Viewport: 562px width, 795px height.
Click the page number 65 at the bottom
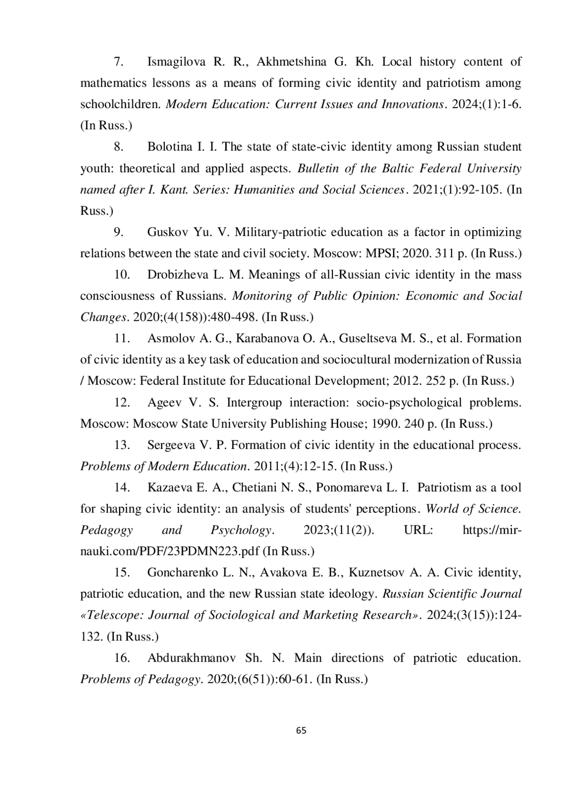click(301, 730)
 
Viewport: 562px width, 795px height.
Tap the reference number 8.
click(118, 147)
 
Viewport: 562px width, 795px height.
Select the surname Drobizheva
click(178, 275)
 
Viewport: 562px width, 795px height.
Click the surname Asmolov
click(169, 339)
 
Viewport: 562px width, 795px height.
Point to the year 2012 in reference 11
click(407, 381)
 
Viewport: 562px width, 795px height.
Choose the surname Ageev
click(163, 403)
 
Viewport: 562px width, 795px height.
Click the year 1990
click(385, 424)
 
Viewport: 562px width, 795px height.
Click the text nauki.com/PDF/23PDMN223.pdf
click(170, 552)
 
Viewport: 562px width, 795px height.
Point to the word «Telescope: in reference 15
click(111, 615)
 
